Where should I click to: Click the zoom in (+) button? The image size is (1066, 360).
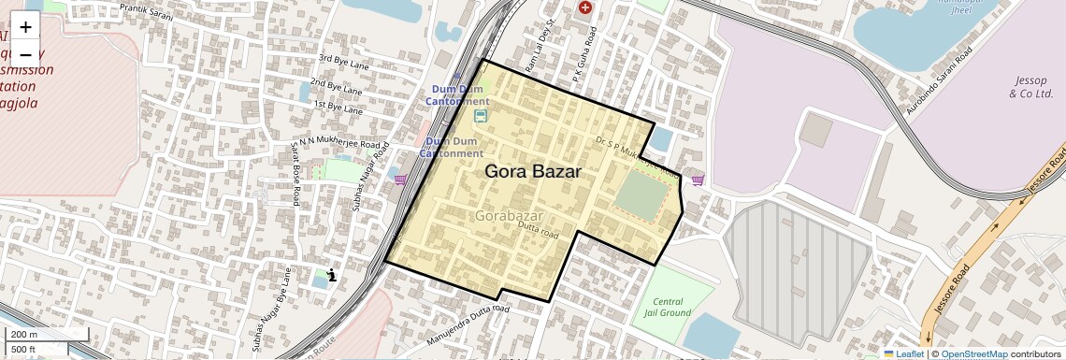(25, 26)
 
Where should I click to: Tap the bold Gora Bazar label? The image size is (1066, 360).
(533, 172)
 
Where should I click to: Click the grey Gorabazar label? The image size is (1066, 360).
(509, 216)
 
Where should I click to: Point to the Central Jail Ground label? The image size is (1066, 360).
(668, 307)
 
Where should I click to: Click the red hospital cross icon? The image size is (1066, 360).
(586, 7)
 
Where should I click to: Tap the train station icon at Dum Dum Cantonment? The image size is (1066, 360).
(481, 116)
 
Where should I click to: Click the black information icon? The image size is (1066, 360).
(332, 274)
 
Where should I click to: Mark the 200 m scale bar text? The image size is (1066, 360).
(24, 334)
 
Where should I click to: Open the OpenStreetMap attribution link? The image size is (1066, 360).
(973, 353)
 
